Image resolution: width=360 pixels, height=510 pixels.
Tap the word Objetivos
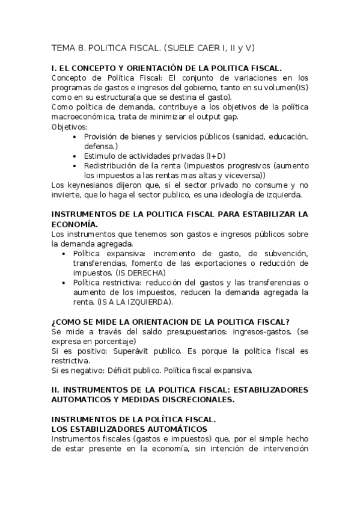coord(69,127)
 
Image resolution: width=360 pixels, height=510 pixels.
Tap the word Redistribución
coord(115,165)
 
